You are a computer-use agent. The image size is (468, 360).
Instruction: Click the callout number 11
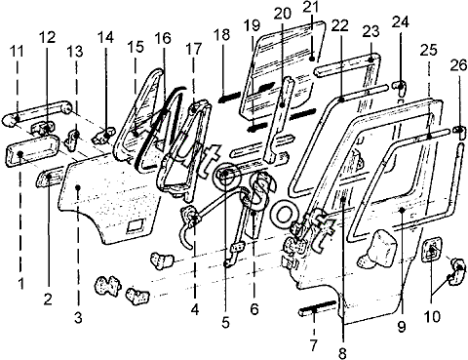click(x=17, y=52)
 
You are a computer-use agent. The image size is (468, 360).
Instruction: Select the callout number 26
click(x=458, y=66)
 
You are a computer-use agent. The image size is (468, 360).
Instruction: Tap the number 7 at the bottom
click(x=313, y=345)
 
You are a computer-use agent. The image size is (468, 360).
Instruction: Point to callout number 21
click(x=311, y=8)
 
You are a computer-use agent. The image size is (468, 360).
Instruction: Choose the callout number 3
click(x=78, y=317)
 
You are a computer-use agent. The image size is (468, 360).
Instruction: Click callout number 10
click(x=432, y=316)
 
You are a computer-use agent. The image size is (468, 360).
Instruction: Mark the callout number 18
click(x=222, y=35)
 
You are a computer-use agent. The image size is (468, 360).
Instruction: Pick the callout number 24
click(x=400, y=22)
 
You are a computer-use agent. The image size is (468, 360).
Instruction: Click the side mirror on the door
click(x=377, y=250)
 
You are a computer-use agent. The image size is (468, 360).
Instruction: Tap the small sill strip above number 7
click(x=318, y=307)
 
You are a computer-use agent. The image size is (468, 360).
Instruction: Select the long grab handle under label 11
click(x=36, y=112)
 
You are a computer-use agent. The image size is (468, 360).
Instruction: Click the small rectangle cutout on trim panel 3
click(x=136, y=225)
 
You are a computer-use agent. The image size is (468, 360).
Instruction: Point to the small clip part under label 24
click(x=401, y=87)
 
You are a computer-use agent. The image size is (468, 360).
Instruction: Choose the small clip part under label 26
click(x=459, y=132)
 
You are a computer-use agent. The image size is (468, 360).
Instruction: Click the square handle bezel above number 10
click(x=431, y=250)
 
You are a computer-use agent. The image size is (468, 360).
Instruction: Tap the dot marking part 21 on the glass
click(x=312, y=59)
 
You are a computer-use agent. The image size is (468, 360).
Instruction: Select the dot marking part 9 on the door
click(x=402, y=210)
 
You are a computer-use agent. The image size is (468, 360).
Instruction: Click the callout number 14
click(x=105, y=37)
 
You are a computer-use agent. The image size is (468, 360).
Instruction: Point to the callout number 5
click(x=225, y=322)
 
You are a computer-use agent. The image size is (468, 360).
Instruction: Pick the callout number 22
click(x=339, y=25)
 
